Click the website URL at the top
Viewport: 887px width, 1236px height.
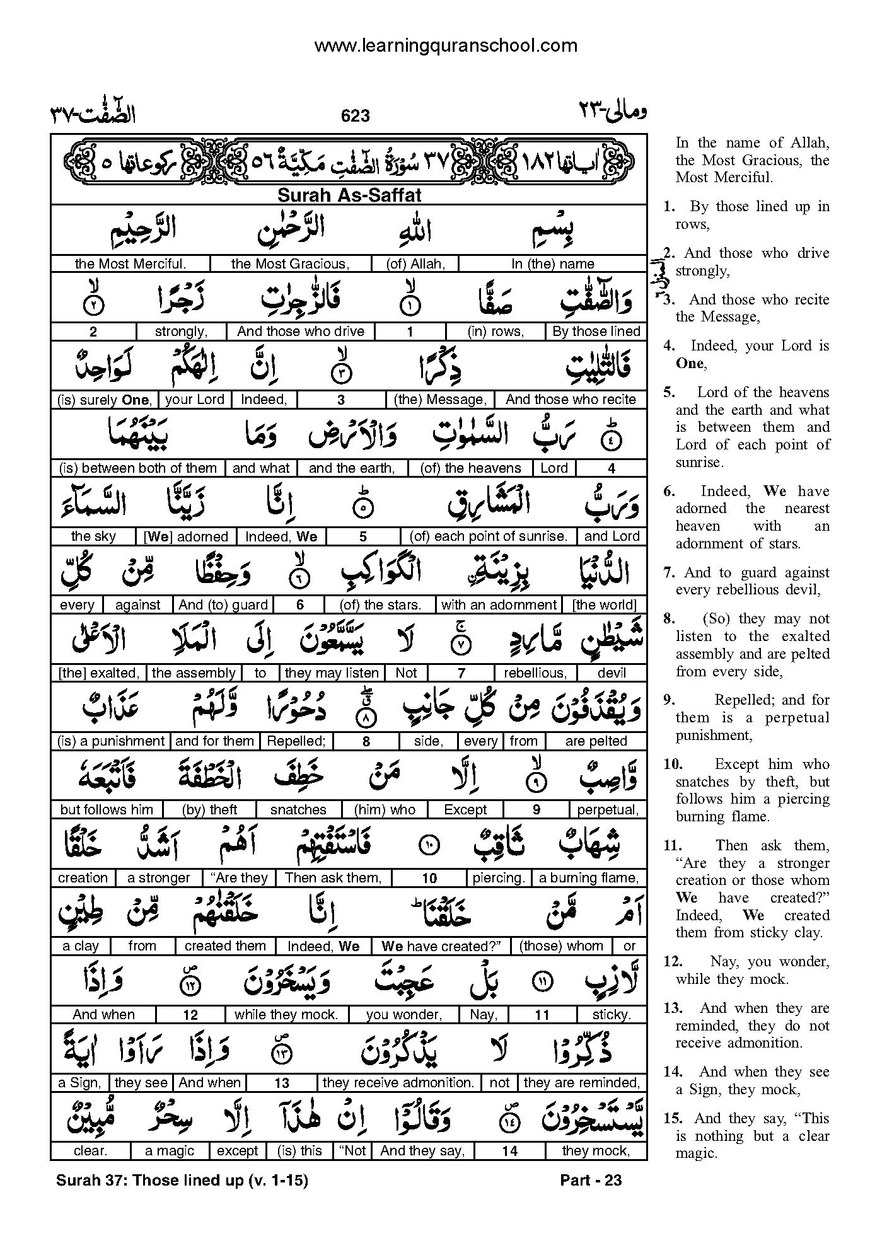tap(445, 45)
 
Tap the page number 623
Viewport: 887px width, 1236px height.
tap(355, 115)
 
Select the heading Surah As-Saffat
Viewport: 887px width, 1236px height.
tap(349, 195)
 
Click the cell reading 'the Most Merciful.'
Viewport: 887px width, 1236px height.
tap(130, 264)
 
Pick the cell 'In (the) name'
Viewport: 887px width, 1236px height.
tap(552, 264)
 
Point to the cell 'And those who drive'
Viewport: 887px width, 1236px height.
tap(301, 332)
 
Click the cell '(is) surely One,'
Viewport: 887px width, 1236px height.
tap(104, 400)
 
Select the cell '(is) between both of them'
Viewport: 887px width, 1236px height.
tap(137, 468)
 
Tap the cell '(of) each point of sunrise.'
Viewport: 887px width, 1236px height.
tap(489, 536)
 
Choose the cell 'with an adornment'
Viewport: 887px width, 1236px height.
tap(499, 605)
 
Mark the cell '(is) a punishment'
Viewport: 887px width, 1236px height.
tap(110, 741)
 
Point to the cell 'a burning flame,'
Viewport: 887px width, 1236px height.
tap(589, 878)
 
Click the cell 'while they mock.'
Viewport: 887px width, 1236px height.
tap(286, 1015)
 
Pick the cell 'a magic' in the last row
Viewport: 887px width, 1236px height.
tap(170, 1151)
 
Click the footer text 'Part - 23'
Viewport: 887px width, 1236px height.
tap(591, 1181)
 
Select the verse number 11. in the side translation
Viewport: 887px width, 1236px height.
tap(673, 846)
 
